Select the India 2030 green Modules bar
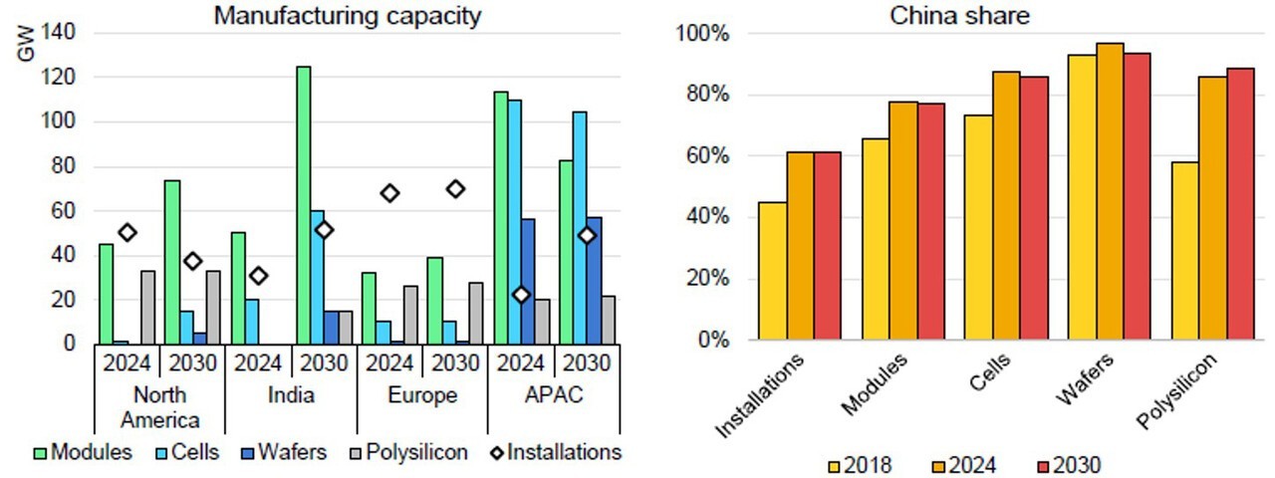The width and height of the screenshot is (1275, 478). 303,205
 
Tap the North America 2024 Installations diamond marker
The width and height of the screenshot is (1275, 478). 127,232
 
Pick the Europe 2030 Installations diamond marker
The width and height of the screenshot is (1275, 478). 455,188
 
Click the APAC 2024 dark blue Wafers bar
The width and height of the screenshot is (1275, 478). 528,282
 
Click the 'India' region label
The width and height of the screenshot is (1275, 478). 291,395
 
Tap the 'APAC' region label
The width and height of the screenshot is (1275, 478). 553,395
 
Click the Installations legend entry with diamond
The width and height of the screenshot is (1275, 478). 553,452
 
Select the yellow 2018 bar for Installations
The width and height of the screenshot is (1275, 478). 772,271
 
